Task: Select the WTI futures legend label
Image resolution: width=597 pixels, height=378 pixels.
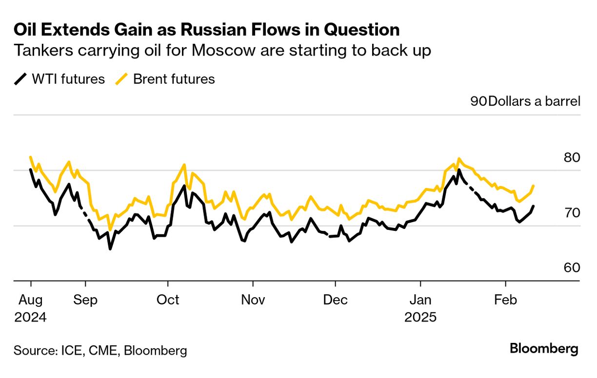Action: click(68, 79)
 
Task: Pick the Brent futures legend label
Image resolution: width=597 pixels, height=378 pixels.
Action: click(174, 79)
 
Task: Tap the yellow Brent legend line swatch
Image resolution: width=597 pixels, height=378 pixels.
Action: click(122, 79)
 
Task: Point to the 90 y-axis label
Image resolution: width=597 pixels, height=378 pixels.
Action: click(478, 101)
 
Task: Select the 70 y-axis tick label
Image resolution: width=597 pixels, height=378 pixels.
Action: click(571, 213)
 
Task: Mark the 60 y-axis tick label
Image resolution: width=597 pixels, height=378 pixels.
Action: click(571, 268)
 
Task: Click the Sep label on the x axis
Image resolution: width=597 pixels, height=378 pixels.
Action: click(85, 299)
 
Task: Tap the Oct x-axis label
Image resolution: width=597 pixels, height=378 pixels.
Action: click(168, 299)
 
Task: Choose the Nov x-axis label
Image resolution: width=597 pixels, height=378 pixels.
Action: click(253, 299)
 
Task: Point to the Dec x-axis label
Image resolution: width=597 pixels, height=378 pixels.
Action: click(336, 299)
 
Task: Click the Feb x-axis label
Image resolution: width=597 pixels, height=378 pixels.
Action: click(506, 299)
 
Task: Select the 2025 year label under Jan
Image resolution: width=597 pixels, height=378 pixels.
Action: click(420, 317)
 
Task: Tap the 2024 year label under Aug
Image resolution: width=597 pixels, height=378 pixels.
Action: click(30, 317)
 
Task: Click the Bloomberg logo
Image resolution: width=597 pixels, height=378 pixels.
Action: click(544, 349)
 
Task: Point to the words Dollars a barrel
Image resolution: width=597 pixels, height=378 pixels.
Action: click(534, 101)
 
